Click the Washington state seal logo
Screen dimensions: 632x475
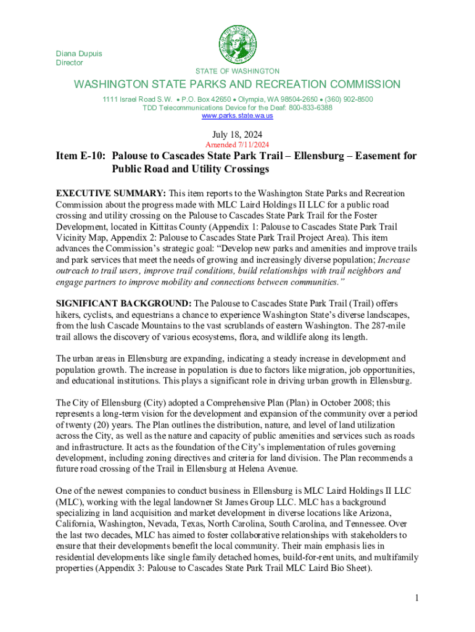point(238,45)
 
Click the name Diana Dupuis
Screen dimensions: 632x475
point(79,54)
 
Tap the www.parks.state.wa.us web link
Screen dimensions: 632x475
point(238,116)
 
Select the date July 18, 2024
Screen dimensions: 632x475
point(238,134)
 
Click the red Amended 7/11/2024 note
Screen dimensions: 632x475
point(238,145)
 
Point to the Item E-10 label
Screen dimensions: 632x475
point(78,157)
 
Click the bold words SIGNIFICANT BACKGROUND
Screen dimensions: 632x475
point(124,304)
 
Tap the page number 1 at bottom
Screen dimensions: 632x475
point(418,598)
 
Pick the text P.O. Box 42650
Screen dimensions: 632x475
point(206,99)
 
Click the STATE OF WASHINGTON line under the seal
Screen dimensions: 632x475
point(238,72)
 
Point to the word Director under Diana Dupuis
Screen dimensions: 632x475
point(69,63)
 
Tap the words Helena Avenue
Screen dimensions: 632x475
point(269,469)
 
